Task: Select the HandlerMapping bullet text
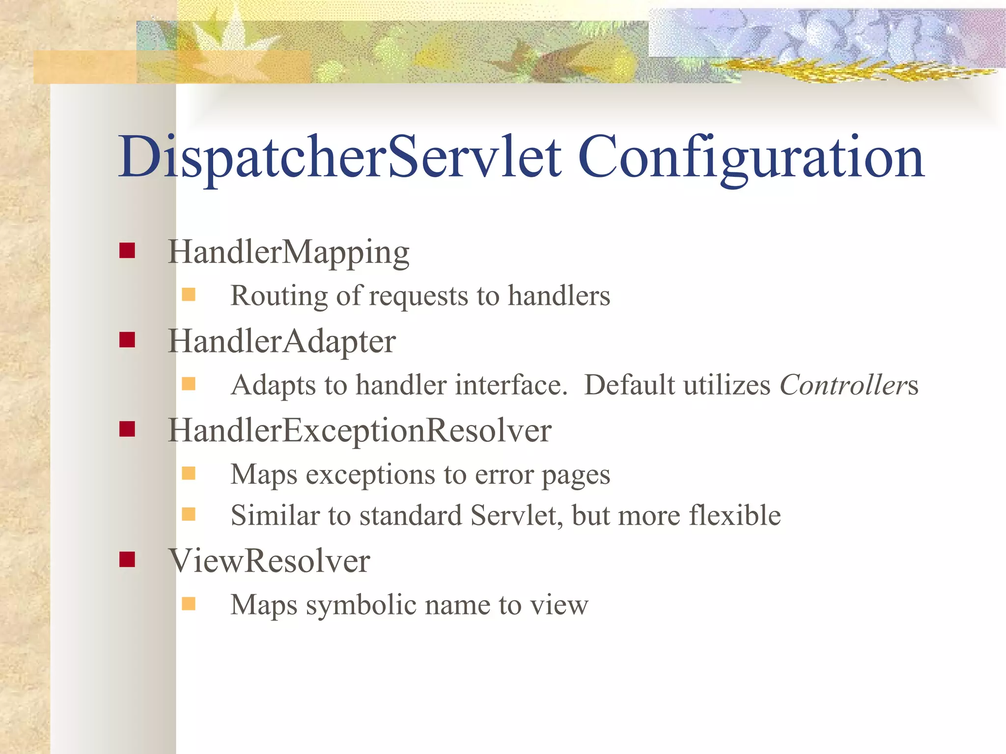coord(288,252)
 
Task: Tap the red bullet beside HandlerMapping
coord(127,251)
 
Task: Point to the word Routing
coord(279,296)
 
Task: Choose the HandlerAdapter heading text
coord(281,341)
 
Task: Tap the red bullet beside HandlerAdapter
coord(127,340)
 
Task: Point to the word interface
coord(511,385)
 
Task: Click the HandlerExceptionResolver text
coord(360,431)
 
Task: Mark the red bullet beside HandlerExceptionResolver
coord(127,429)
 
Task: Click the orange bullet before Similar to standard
coord(189,514)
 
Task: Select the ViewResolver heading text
coord(269,560)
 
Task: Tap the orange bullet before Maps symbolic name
coord(189,603)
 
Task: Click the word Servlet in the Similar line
coord(516,515)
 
